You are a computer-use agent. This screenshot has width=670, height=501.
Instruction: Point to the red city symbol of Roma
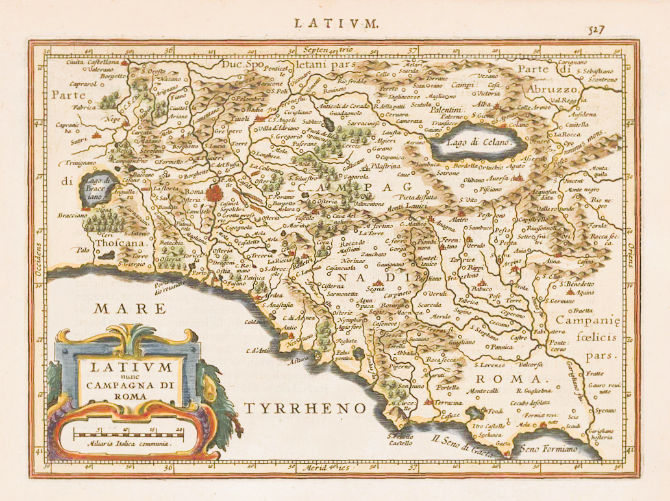click(x=214, y=192)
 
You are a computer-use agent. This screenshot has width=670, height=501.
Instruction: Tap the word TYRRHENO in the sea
click(x=305, y=407)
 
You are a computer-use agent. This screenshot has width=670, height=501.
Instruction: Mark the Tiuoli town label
click(x=243, y=119)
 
